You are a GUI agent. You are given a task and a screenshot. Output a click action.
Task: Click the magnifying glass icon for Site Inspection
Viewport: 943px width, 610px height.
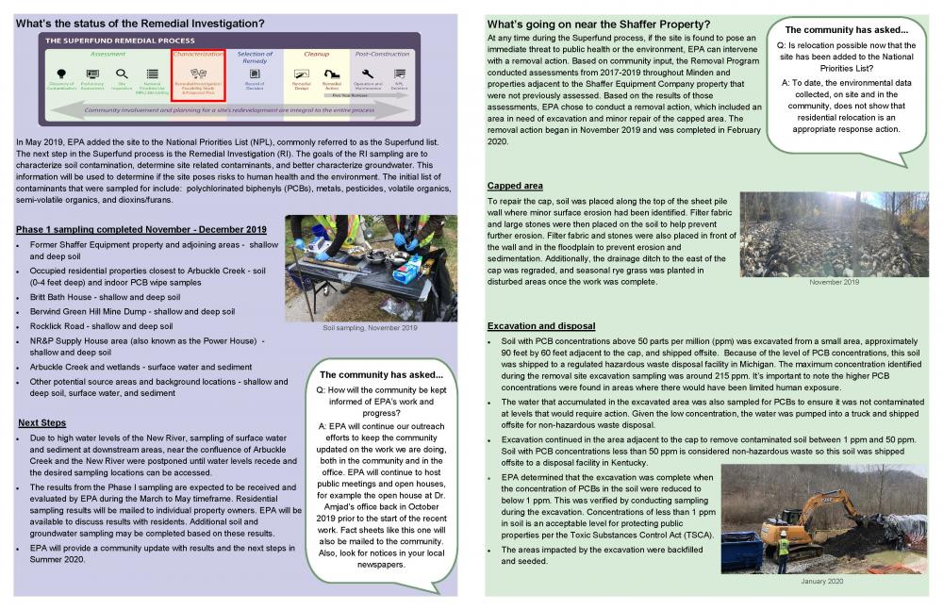121,74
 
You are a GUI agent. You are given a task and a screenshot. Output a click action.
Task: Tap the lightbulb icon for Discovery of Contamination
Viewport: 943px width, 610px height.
61,74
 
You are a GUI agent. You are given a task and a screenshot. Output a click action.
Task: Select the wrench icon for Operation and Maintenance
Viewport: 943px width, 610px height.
367,73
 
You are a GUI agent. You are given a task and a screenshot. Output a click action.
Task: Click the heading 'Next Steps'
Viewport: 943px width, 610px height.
41,422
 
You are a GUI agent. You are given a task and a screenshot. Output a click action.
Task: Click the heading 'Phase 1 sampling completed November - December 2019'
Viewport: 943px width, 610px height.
141,230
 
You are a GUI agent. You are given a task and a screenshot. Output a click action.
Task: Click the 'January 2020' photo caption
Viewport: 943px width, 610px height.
822,582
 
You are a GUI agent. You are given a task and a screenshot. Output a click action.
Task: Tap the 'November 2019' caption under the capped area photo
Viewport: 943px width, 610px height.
835,282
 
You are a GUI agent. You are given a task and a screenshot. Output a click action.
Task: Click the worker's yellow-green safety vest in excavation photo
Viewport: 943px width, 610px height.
783,547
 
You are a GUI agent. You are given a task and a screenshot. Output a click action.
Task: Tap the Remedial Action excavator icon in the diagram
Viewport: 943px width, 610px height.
331,73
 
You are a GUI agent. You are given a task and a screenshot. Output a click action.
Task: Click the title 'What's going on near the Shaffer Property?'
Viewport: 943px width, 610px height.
599,24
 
